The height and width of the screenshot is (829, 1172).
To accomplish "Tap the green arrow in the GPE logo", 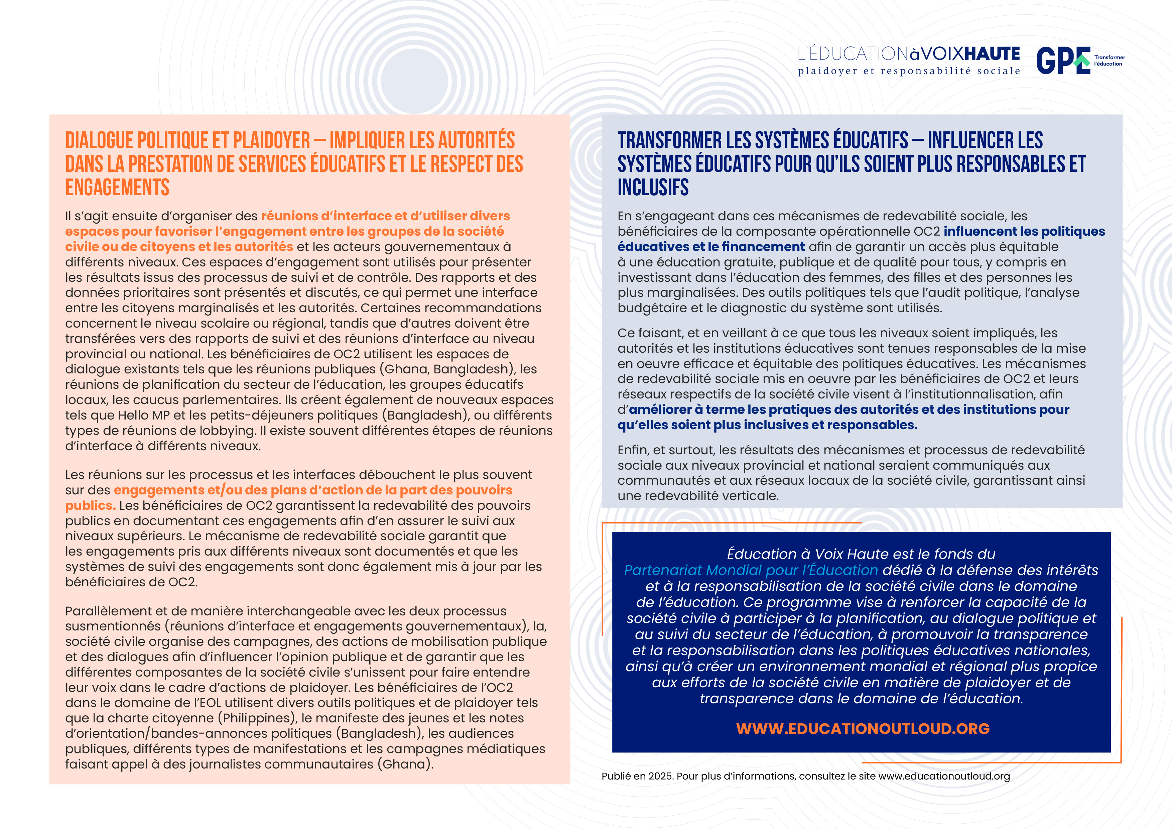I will [1081, 61].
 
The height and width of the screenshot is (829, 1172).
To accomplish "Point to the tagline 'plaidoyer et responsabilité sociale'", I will [909, 71].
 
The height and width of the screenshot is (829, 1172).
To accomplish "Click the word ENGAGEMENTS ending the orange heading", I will [117, 187].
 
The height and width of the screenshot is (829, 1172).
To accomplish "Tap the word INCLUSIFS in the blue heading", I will [653, 187].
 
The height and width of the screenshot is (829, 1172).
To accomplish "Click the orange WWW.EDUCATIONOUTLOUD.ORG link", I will [863, 728].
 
